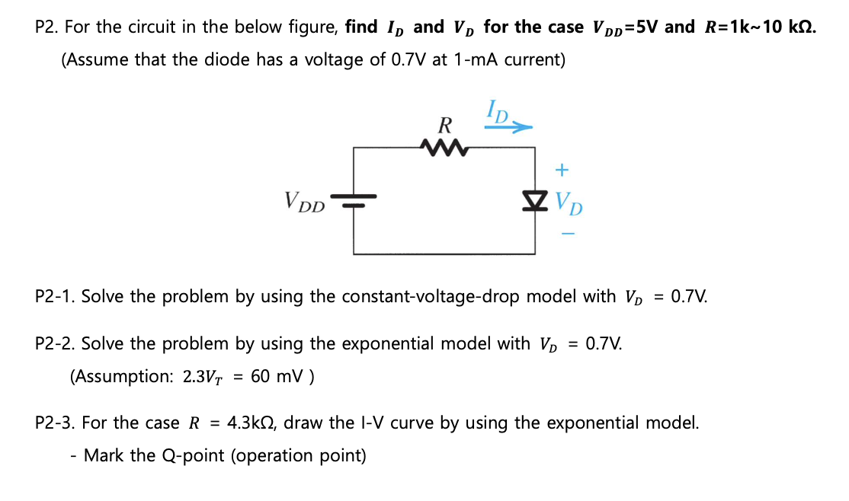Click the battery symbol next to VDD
point(353,202)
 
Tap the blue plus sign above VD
point(564,167)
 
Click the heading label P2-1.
point(55,296)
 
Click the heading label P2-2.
point(55,343)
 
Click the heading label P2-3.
point(55,423)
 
